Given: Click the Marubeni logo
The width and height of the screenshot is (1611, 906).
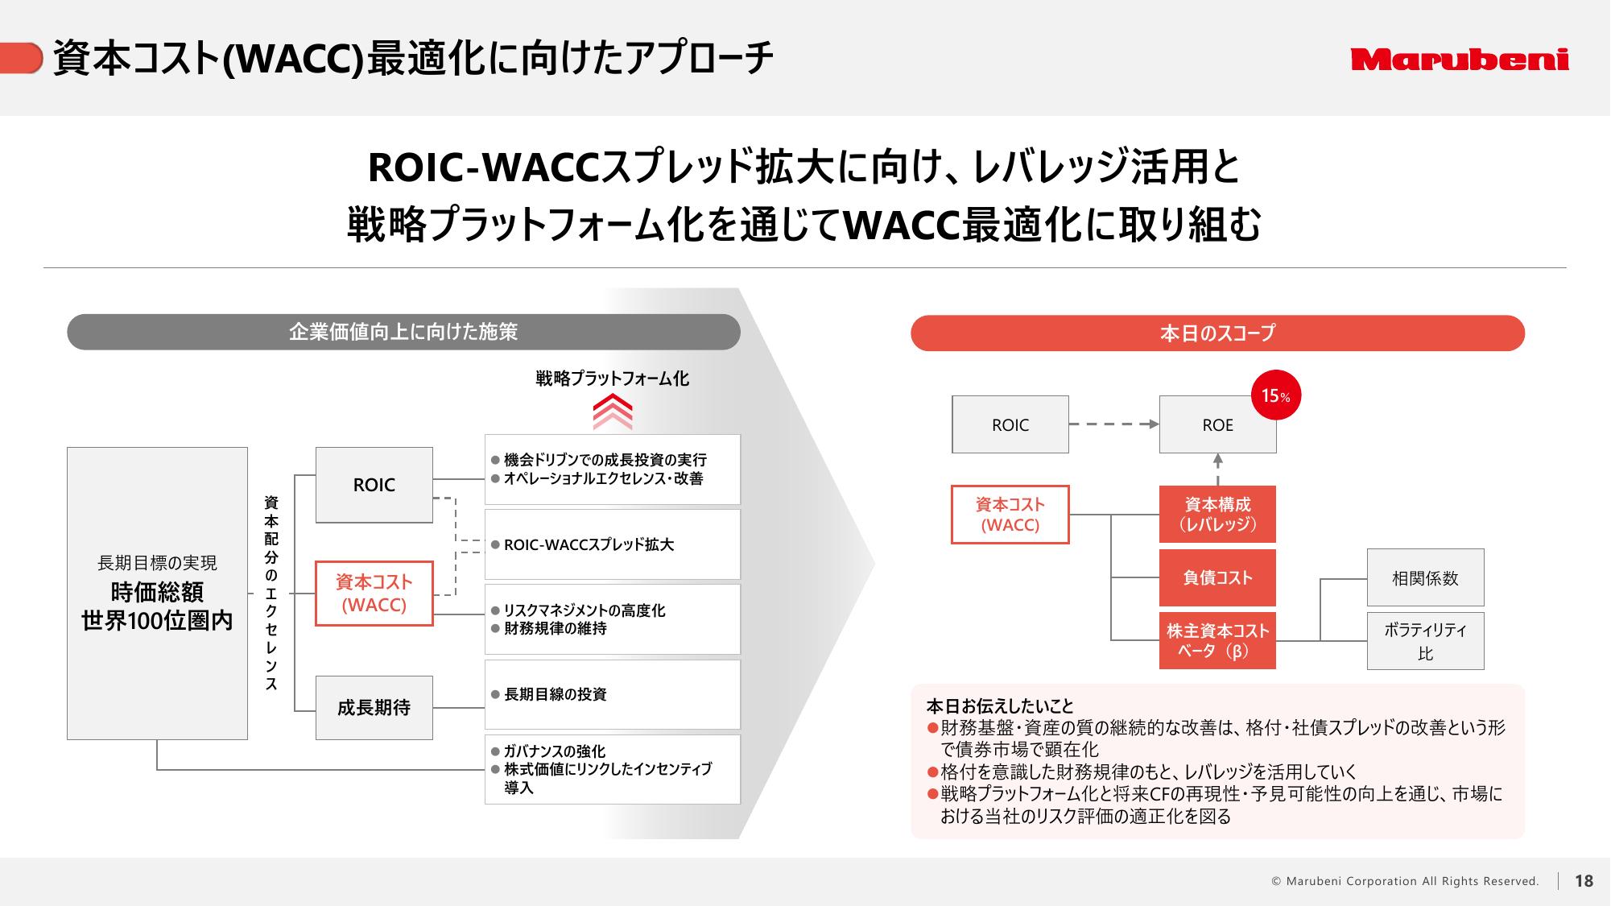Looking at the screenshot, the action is tap(1460, 60).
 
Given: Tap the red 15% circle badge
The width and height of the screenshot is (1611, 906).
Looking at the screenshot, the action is tap(1276, 395).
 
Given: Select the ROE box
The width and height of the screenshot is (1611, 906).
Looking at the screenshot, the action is tap(1217, 424).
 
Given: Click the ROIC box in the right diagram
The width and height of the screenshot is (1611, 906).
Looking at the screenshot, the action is tap(1010, 424).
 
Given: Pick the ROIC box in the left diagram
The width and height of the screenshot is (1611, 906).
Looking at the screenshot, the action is tap(374, 485).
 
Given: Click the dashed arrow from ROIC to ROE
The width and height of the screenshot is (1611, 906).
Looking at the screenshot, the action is tap(1114, 424).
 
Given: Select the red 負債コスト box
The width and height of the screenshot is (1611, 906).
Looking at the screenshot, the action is tap(1217, 577).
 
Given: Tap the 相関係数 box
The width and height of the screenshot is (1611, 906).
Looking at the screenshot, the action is tap(1425, 577).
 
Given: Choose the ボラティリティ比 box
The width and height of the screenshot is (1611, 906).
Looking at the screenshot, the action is tap(1425, 641).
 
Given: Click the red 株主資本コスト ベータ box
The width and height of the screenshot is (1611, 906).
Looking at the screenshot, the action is tap(1217, 641).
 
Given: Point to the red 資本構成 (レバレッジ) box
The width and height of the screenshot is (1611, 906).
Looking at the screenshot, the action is tap(1217, 514).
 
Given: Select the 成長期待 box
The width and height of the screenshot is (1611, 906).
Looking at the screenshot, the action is tap(374, 708).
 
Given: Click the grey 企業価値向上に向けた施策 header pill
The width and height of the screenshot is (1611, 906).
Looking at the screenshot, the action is tap(403, 332).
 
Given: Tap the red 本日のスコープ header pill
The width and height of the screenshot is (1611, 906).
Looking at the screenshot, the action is tap(1217, 333).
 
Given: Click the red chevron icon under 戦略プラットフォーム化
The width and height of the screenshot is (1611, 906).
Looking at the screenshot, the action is tap(613, 412).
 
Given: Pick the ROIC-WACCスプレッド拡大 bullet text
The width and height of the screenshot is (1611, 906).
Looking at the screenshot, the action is tap(589, 544).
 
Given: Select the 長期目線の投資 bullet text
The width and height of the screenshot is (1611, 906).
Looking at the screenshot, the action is tap(555, 694).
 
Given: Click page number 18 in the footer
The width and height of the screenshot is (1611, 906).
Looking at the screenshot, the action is tap(1584, 881).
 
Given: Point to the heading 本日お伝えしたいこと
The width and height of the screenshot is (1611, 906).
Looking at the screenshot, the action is tap(1000, 706).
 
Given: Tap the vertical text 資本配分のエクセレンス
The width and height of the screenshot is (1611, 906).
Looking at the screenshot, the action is tap(271, 594).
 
